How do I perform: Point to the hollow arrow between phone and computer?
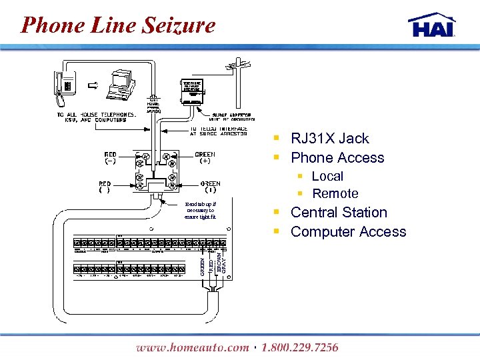pyautogui.click(x=94, y=85)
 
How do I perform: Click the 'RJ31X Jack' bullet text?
pyautogui.click(x=329, y=139)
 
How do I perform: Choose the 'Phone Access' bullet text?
pyautogui.click(x=337, y=158)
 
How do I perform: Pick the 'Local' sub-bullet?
pyautogui.click(x=327, y=177)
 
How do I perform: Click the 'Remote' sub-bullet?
pyautogui.click(x=335, y=194)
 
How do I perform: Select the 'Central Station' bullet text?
pyautogui.click(x=339, y=213)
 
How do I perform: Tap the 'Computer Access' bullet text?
pyautogui.click(x=348, y=232)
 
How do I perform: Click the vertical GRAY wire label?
pyautogui.click(x=223, y=259)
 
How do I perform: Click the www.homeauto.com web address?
pyautogui.click(x=191, y=347)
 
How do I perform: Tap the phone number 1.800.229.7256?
pyautogui.click(x=300, y=347)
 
